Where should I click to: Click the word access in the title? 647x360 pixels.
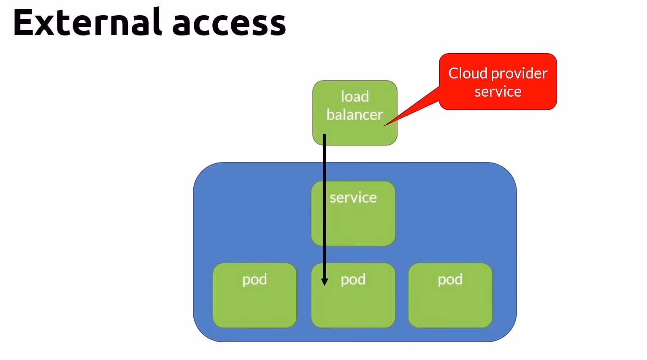(x=229, y=24)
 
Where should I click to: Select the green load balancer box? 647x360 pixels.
(x=355, y=131)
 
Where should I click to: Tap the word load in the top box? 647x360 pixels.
(x=355, y=97)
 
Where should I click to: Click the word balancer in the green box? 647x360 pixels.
(x=354, y=115)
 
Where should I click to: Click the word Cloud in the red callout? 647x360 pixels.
(x=468, y=73)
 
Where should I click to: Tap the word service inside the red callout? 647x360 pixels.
(x=498, y=92)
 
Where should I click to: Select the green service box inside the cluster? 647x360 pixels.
(x=359, y=224)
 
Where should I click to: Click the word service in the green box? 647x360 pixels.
(x=353, y=198)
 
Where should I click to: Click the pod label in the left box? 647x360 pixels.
(x=254, y=279)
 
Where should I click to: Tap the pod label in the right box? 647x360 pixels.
(x=450, y=279)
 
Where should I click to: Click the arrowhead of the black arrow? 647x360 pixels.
(x=325, y=282)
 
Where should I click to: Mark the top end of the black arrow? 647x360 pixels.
(x=325, y=135)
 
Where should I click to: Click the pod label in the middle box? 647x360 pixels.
(x=353, y=279)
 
